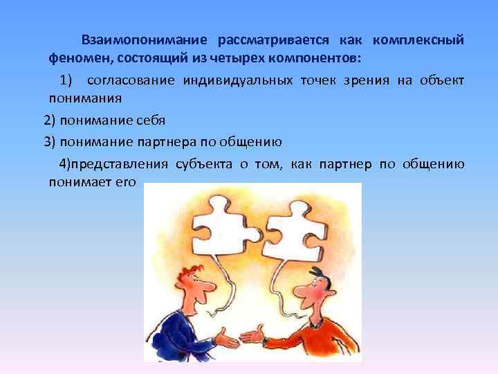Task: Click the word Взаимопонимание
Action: point(143,40)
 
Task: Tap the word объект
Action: point(443,81)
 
